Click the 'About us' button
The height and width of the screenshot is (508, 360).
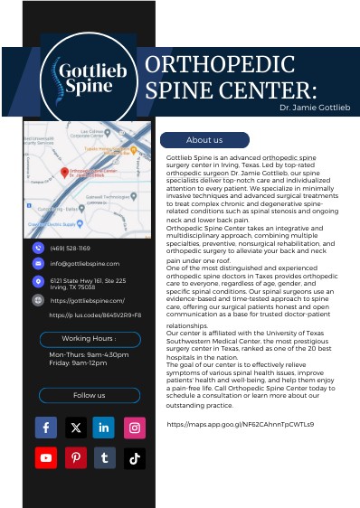click(204, 140)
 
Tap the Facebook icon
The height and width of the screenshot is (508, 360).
click(46, 428)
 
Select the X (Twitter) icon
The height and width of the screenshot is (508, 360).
click(75, 428)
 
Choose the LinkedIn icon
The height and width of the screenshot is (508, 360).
click(104, 428)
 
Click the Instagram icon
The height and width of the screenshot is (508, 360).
click(134, 428)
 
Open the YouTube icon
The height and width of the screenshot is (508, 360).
click(46, 458)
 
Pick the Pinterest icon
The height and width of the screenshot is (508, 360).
click(75, 458)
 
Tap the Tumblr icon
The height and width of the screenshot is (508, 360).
click(104, 458)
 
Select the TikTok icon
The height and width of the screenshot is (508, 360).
click(134, 458)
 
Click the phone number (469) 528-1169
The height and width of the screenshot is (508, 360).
click(71, 247)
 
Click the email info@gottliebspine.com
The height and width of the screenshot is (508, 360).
click(85, 263)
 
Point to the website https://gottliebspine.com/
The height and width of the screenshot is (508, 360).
click(88, 299)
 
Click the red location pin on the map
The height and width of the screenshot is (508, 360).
click(64, 173)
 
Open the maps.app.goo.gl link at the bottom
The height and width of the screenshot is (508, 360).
click(241, 423)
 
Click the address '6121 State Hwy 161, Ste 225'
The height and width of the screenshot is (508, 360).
click(88, 280)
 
